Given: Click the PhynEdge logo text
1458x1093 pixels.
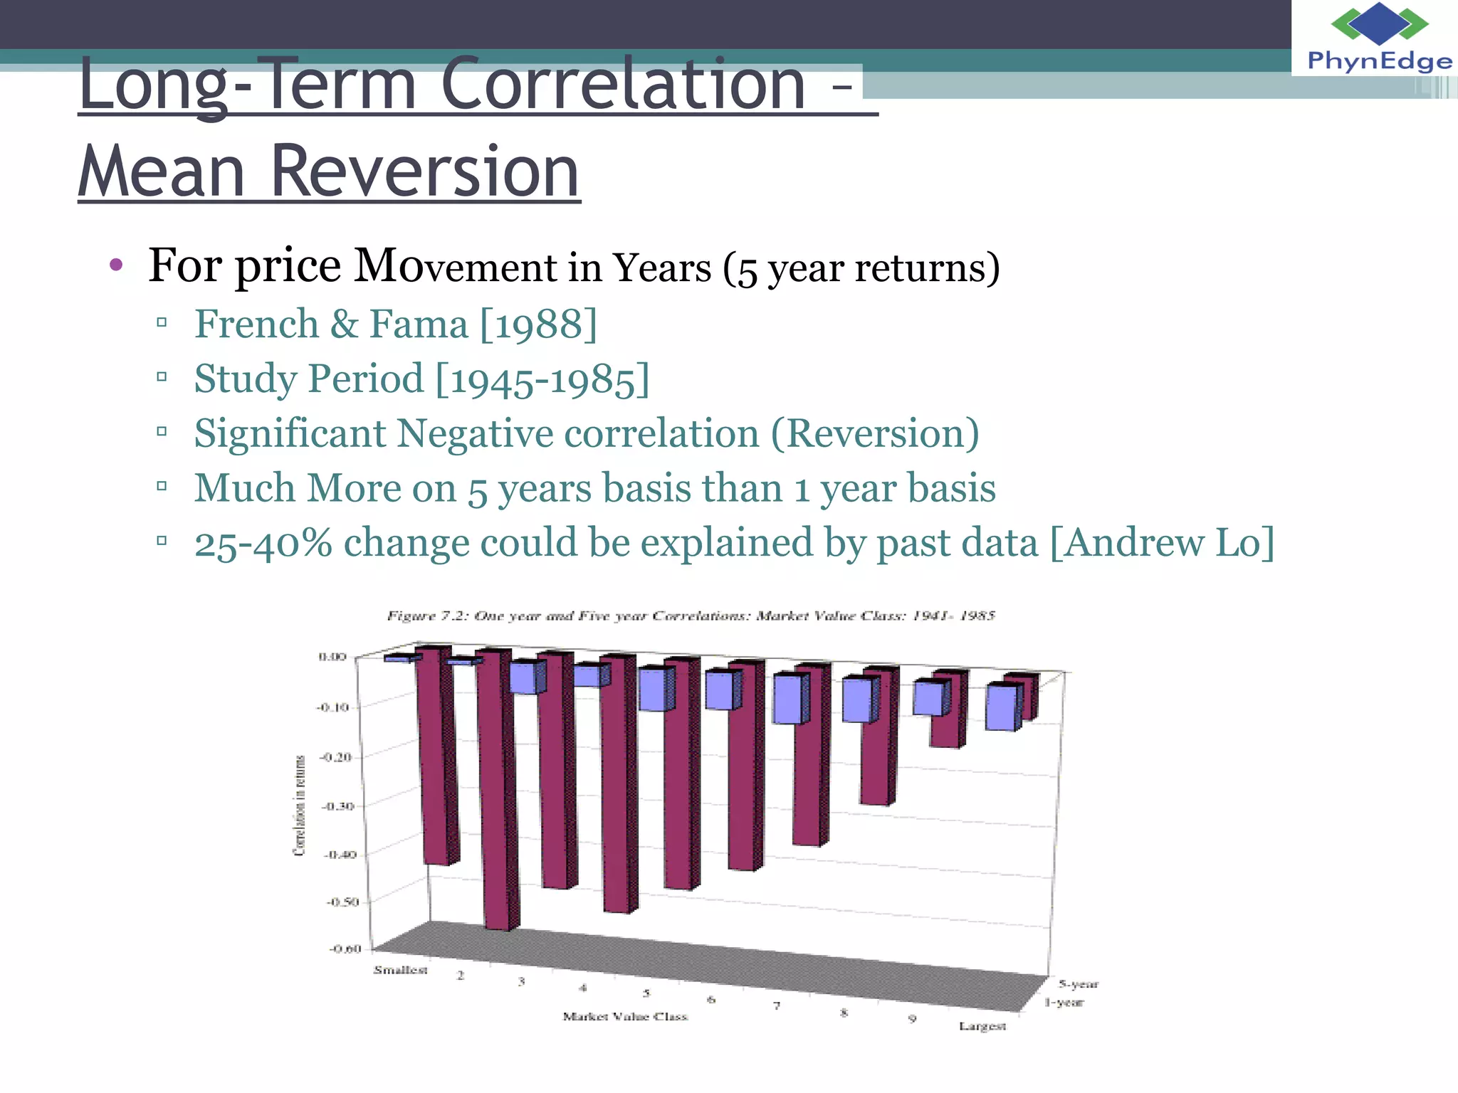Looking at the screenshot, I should point(1379,61).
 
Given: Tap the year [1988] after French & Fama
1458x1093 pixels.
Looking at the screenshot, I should point(539,324).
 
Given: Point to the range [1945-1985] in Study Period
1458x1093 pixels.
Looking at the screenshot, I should point(542,379).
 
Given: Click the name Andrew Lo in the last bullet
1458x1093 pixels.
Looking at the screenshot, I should point(1162,543).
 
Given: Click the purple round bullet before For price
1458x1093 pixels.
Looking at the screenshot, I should point(116,266).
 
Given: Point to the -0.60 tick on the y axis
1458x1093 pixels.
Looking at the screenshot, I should point(345,949).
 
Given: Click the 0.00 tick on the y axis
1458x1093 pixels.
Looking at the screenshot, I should point(332,656).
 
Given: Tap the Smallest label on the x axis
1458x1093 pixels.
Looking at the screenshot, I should point(400,970).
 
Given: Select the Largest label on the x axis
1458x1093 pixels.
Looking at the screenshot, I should point(982,1026).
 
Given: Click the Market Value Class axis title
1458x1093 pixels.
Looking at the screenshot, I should point(625,1016).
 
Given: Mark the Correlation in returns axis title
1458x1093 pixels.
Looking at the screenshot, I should point(300,805).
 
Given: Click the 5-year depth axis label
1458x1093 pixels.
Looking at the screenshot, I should point(1078,984).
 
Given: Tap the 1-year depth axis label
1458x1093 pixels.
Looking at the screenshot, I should point(1064,1003).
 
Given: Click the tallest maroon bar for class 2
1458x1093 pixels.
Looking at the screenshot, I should point(496,790).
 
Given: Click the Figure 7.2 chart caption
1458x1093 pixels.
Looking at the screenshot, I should point(691,616).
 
